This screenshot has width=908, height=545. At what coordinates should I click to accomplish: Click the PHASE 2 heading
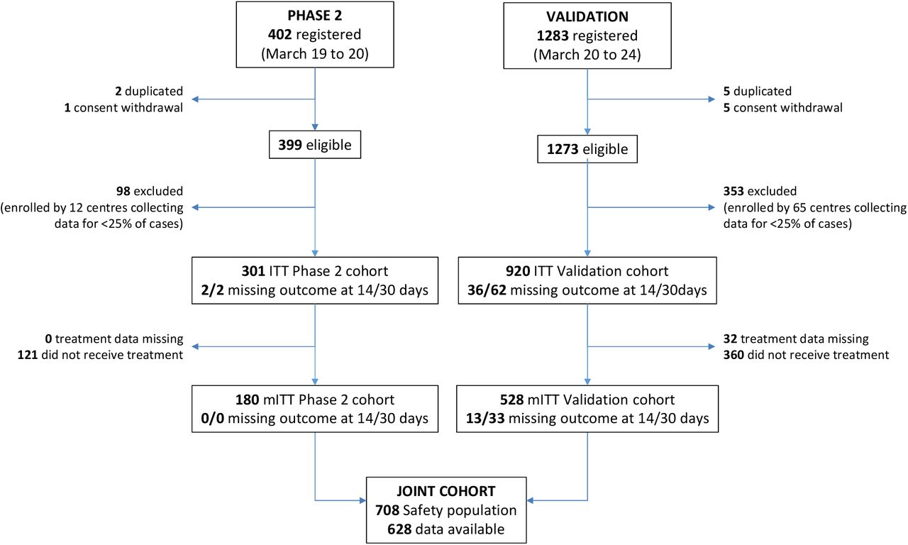click(x=314, y=16)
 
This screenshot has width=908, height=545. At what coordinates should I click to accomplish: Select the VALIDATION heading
click(x=587, y=16)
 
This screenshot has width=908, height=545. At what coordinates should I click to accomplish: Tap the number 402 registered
click(x=279, y=35)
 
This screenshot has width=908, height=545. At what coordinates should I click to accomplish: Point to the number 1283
click(x=553, y=35)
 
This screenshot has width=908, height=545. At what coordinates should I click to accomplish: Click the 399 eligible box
click(x=315, y=145)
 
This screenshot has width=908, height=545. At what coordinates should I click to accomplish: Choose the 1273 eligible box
click(x=587, y=149)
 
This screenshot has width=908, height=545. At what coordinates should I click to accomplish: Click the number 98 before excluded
click(x=123, y=191)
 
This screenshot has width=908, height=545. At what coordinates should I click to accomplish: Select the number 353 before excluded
click(x=733, y=191)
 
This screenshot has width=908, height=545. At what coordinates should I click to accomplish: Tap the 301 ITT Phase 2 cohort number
click(x=253, y=271)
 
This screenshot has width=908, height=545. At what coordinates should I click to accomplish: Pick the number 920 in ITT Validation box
click(x=518, y=271)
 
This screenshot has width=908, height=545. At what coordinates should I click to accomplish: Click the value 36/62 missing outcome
click(x=487, y=290)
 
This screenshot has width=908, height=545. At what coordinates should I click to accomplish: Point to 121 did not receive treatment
click(x=28, y=355)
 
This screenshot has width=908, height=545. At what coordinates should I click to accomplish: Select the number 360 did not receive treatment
click(x=733, y=355)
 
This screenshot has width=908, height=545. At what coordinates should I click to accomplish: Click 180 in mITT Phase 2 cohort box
click(x=248, y=400)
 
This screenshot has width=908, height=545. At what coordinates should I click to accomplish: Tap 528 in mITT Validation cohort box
click(x=512, y=400)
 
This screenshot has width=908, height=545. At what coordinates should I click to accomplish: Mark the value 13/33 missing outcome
click(x=485, y=419)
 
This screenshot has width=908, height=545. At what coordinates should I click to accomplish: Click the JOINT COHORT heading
click(x=446, y=492)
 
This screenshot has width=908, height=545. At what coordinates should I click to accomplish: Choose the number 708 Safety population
click(x=387, y=510)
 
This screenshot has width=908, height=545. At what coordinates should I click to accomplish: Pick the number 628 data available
click(x=399, y=529)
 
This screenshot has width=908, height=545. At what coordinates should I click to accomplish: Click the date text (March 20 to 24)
click(x=587, y=55)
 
